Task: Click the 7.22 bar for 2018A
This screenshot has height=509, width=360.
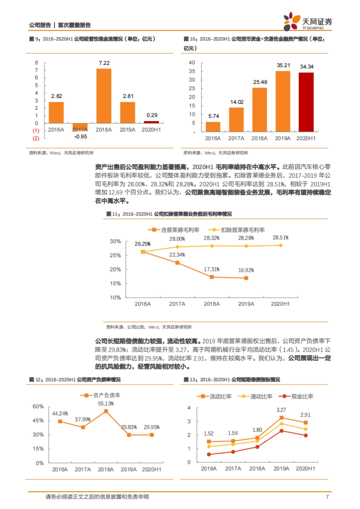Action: pyautogui.click(x=104, y=96)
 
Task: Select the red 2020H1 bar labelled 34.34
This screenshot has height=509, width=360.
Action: pyautogui.click(x=306, y=102)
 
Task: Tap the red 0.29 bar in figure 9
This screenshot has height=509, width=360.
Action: pyautogui.click(x=151, y=122)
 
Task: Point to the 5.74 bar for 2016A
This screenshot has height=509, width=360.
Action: pyautogui.click(x=213, y=127)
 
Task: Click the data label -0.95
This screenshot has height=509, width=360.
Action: pyautogui.click(x=81, y=137)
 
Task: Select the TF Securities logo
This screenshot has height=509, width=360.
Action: pyautogui.click(x=308, y=21)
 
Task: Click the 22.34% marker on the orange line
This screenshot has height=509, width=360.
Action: pyautogui.click(x=177, y=263)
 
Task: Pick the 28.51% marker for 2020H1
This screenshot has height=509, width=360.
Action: pyautogui.click(x=281, y=245)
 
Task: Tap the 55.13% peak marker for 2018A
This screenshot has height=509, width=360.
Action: pyautogui.click(x=106, y=411)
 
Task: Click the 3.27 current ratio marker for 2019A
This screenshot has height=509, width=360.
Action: pyautogui.click(x=281, y=418)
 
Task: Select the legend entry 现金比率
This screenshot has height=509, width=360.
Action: pyautogui.click(x=296, y=396)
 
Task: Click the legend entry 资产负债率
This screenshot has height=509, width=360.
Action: pyautogui.click(x=101, y=395)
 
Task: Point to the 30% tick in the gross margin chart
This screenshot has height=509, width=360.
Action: pyautogui.click(x=115, y=241)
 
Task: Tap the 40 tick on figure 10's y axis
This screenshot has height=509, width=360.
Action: pyautogui.click(x=192, y=63)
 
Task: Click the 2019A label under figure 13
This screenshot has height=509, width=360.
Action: pyautogui.click(x=281, y=469)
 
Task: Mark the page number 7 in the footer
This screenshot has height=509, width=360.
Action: pyautogui.click(x=327, y=497)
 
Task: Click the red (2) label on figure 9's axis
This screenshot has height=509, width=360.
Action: pyautogui.click(x=36, y=138)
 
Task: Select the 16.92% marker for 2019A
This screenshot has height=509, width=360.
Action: pyautogui.click(x=246, y=278)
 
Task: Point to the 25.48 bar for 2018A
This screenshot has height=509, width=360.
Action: pyautogui.click(x=259, y=110)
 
